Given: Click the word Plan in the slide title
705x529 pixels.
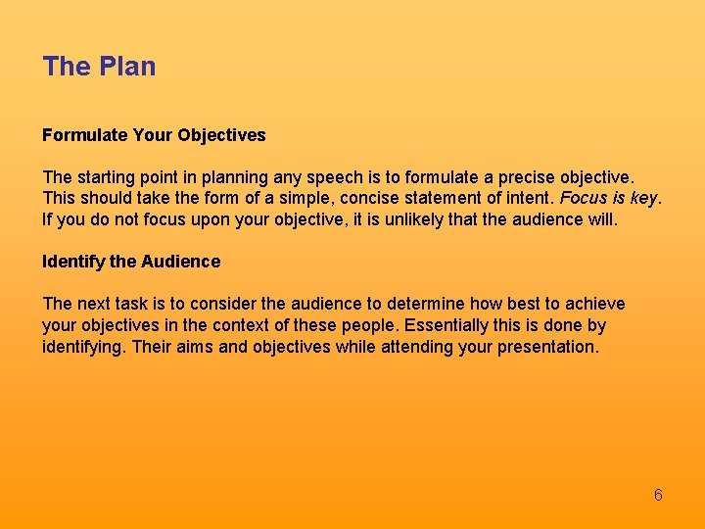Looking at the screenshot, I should [x=126, y=67].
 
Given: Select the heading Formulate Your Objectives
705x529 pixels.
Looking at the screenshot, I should [x=154, y=134].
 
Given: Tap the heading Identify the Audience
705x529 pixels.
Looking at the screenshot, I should [x=131, y=262].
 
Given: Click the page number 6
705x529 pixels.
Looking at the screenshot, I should [x=658, y=495].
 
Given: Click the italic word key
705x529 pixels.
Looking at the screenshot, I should [x=644, y=199].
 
